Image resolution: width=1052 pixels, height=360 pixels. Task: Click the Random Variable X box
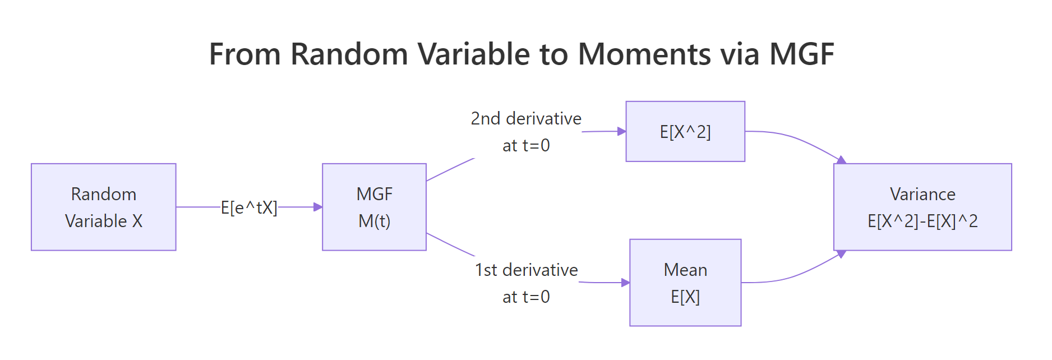[103, 207]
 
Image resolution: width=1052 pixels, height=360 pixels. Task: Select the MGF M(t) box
[374, 207]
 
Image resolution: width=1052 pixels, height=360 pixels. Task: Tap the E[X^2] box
[685, 132]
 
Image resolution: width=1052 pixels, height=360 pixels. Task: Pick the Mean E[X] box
[685, 283]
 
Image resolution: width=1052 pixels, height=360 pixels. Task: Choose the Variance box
[922, 207]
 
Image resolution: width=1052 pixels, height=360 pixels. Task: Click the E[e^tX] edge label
[249, 207]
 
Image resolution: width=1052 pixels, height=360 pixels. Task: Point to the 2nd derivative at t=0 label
[525, 132]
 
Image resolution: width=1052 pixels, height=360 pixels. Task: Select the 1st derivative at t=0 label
[525, 283]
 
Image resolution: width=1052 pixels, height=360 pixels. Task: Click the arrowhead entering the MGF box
[318, 207]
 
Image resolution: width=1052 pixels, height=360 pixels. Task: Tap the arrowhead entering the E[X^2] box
[621, 131]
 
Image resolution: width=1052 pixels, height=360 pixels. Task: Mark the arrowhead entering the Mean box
[625, 283]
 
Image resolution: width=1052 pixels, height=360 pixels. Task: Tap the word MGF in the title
[801, 54]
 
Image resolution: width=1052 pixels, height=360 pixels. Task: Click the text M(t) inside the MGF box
[374, 221]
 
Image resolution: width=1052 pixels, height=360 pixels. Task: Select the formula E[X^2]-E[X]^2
[922, 221]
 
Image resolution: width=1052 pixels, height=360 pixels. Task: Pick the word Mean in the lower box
[685, 270]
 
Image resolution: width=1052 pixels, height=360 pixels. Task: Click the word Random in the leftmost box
[103, 194]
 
